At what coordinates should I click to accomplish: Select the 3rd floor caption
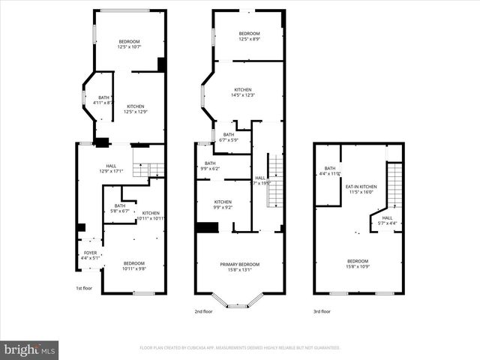click(x=322, y=310)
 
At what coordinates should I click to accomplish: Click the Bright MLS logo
click(x=29, y=349)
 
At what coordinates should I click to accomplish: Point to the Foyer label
click(x=90, y=256)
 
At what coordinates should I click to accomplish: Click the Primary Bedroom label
click(x=240, y=267)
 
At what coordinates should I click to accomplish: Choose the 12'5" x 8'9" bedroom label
click(x=249, y=37)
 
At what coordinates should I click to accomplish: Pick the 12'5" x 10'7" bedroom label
click(x=128, y=44)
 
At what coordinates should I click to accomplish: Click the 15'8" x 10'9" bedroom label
click(x=357, y=264)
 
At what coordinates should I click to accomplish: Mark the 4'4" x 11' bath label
click(x=330, y=171)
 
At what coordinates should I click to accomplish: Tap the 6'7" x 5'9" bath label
click(x=228, y=137)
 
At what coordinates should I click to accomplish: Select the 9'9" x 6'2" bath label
click(x=210, y=166)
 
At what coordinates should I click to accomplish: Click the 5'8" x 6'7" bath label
click(x=120, y=208)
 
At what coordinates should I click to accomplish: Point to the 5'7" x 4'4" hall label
click(x=387, y=220)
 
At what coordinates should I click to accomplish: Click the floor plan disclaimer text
click(x=240, y=348)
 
